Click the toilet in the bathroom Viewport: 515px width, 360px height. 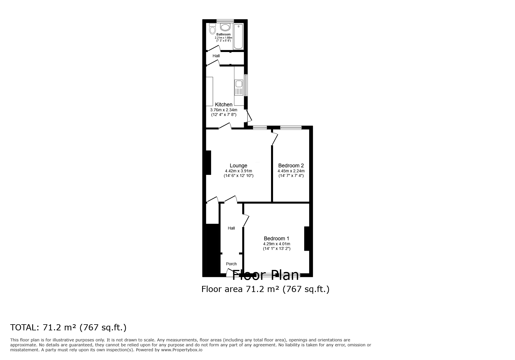point(212,29)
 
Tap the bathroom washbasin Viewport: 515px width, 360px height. point(225,27)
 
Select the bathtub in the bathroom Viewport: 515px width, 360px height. point(238,36)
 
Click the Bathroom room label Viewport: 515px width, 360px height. point(223,34)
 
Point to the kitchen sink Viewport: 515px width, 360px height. point(239,84)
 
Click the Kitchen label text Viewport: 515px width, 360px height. point(224,105)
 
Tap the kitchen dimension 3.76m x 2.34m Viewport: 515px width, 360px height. point(224,110)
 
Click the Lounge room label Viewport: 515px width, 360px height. point(238,166)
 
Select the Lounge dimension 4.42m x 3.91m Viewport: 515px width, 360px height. point(238,171)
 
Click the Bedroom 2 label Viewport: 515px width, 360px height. point(291,166)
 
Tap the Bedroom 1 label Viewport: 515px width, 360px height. point(277,239)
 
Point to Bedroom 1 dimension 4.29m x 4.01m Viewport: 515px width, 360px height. point(277,244)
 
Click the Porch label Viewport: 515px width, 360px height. point(231,264)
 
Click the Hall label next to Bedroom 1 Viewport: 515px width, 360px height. point(231,228)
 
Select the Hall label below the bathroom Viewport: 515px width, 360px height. point(216,56)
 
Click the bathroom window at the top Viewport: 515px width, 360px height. point(225,21)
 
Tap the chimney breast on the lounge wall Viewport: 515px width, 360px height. point(208,162)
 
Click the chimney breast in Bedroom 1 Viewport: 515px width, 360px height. point(306,238)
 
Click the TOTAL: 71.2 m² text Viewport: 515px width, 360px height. point(68,327)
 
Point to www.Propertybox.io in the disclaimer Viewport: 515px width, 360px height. point(182,350)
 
